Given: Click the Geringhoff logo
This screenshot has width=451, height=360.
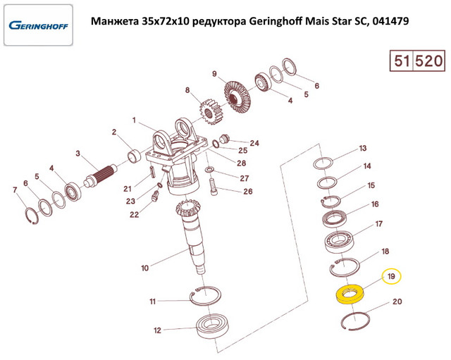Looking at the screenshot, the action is pos(38,25).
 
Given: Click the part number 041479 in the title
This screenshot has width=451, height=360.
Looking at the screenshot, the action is pos(390,21).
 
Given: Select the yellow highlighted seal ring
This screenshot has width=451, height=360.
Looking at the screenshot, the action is pos(350,294).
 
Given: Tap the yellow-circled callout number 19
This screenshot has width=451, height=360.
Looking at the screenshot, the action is pos(391,276).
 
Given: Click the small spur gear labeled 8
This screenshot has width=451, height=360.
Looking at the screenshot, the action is pos(210,111).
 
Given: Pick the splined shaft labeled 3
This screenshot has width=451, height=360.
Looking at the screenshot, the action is pos(100,176).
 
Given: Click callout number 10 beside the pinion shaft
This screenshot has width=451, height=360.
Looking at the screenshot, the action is pos(144,268).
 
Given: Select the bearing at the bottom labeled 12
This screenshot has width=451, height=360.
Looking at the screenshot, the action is pos(213,326).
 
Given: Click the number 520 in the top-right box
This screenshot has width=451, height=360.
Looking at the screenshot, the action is pos(428,61).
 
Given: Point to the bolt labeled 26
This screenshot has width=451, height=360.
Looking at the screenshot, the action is pos(214,187).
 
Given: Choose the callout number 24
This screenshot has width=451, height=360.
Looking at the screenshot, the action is pos(254,143).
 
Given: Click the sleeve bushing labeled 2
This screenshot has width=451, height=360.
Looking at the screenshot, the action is pos(134,155).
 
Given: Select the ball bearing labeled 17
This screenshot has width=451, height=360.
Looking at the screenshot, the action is pos(340,242).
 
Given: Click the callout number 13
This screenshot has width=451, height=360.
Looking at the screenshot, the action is pos(363,149).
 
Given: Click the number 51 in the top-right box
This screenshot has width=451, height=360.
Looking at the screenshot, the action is pos(402,61).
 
